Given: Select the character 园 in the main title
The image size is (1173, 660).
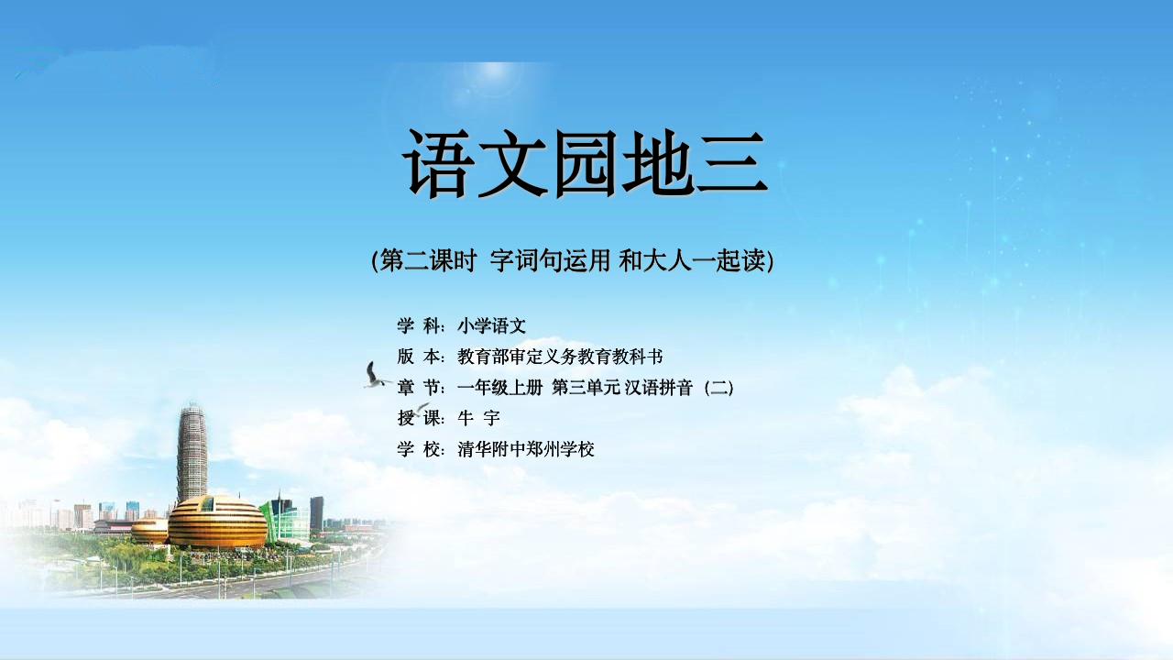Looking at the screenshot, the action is coord(586,164).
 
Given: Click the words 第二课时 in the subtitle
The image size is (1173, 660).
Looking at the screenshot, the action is coord(428,260).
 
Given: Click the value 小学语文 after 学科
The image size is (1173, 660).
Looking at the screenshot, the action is coord(492,325).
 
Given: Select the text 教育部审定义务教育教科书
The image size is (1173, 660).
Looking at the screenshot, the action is coord(560,357).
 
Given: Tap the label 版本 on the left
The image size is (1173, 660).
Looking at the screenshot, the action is coord(421,357).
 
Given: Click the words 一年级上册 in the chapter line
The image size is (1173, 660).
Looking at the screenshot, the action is coord(499,388).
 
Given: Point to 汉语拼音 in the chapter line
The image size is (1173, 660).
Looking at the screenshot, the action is coord(659,388).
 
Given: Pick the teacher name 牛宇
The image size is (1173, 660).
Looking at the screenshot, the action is coord(478,418).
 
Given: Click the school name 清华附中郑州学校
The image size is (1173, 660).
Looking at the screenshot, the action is coord(526,449).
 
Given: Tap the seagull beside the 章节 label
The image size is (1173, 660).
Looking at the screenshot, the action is coord(375,375).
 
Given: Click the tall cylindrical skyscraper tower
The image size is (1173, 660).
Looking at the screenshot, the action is coord(192,453).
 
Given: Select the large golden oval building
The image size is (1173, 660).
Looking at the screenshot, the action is coord(217,522).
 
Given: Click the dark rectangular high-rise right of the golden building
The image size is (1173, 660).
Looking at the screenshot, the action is coord(316,514).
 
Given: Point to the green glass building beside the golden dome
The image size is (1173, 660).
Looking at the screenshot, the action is coord(285,520).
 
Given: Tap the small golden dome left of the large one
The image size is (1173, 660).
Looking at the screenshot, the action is coord(149,531).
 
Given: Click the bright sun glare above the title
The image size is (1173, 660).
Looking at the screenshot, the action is coord(492,79).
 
